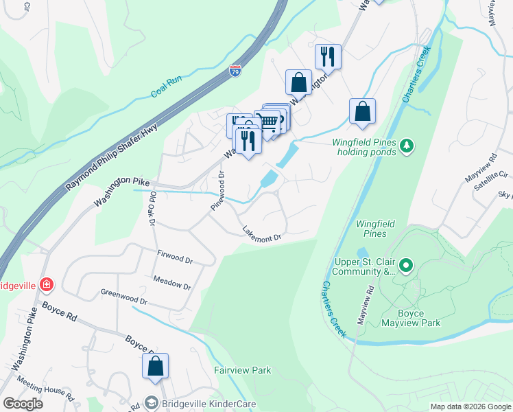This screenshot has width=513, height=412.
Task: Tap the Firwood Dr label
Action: (x=175, y=257)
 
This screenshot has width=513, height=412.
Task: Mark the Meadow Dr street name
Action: (x=171, y=282)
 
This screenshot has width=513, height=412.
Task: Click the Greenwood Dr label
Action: (x=124, y=300)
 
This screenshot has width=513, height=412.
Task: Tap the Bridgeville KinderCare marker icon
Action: (x=151, y=403)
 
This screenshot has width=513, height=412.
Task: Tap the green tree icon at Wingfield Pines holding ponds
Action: (x=407, y=145)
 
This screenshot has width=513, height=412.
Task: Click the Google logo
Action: (x=23, y=404)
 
